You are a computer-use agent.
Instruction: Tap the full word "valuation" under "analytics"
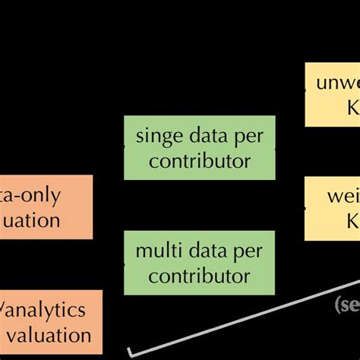pyautogui.click(x=50, y=334)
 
